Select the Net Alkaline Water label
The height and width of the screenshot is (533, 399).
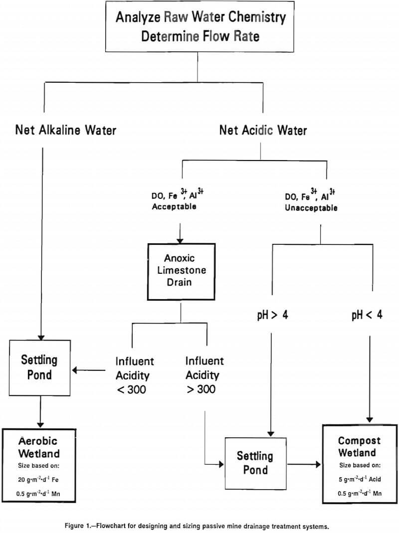[x=66, y=131]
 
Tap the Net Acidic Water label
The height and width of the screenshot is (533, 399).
[x=263, y=131]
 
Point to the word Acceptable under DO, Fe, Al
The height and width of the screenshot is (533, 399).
[x=174, y=206]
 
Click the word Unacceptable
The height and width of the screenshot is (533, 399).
[x=311, y=207]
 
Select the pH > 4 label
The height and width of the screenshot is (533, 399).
[x=272, y=316]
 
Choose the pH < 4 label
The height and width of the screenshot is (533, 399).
[x=367, y=316]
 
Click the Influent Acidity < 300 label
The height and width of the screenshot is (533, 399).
[x=135, y=375]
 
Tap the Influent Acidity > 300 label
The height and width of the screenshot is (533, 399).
[x=204, y=375]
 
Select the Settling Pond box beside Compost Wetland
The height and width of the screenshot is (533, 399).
[x=254, y=463]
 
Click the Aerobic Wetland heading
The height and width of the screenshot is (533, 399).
[x=39, y=447]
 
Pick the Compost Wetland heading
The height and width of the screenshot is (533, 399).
[x=359, y=447]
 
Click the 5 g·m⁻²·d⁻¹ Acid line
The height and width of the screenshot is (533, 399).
[x=359, y=480]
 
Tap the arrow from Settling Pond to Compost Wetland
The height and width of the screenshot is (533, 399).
[x=303, y=464]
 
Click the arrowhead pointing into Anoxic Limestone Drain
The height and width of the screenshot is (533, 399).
[x=181, y=239]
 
